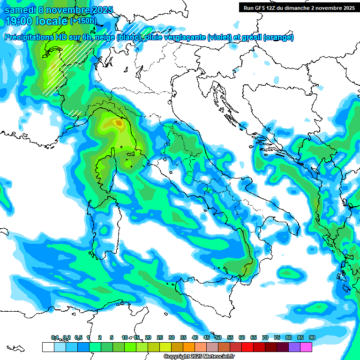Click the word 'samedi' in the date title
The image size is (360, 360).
click(18, 10)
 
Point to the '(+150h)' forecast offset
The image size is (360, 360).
click(84, 21)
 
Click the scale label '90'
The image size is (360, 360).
click(312, 337)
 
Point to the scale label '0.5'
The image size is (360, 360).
click(78, 337)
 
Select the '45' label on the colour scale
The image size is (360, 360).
click(207, 337)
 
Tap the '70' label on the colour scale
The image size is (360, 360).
click(265, 337)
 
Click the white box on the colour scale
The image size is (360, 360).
click(48, 347)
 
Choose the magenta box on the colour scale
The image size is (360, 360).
click(306, 347)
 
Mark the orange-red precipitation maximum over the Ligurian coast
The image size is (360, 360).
click(118, 123)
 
